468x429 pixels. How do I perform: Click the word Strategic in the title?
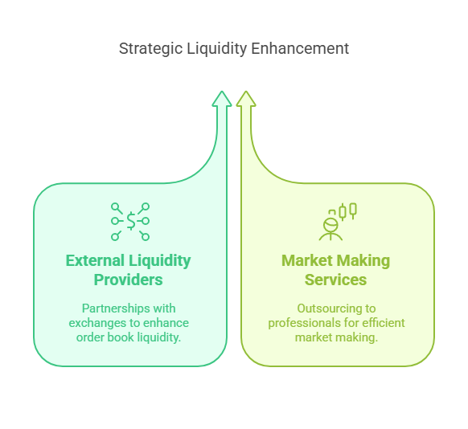tap(150, 49)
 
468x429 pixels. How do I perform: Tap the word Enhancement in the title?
tap(300, 48)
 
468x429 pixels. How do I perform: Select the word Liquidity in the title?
tap(217, 49)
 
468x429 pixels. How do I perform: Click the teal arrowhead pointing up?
tap(222, 98)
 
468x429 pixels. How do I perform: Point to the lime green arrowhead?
tap(246, 98)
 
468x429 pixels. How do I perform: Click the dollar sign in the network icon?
tap(131, 221)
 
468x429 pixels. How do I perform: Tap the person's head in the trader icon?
tap(330, 225)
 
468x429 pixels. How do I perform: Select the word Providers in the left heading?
tap(129, 280)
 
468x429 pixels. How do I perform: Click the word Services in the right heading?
tap(335, 280)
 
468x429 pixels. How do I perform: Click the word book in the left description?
tap(121, 337)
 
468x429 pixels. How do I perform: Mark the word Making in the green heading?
tap(361, 261)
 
